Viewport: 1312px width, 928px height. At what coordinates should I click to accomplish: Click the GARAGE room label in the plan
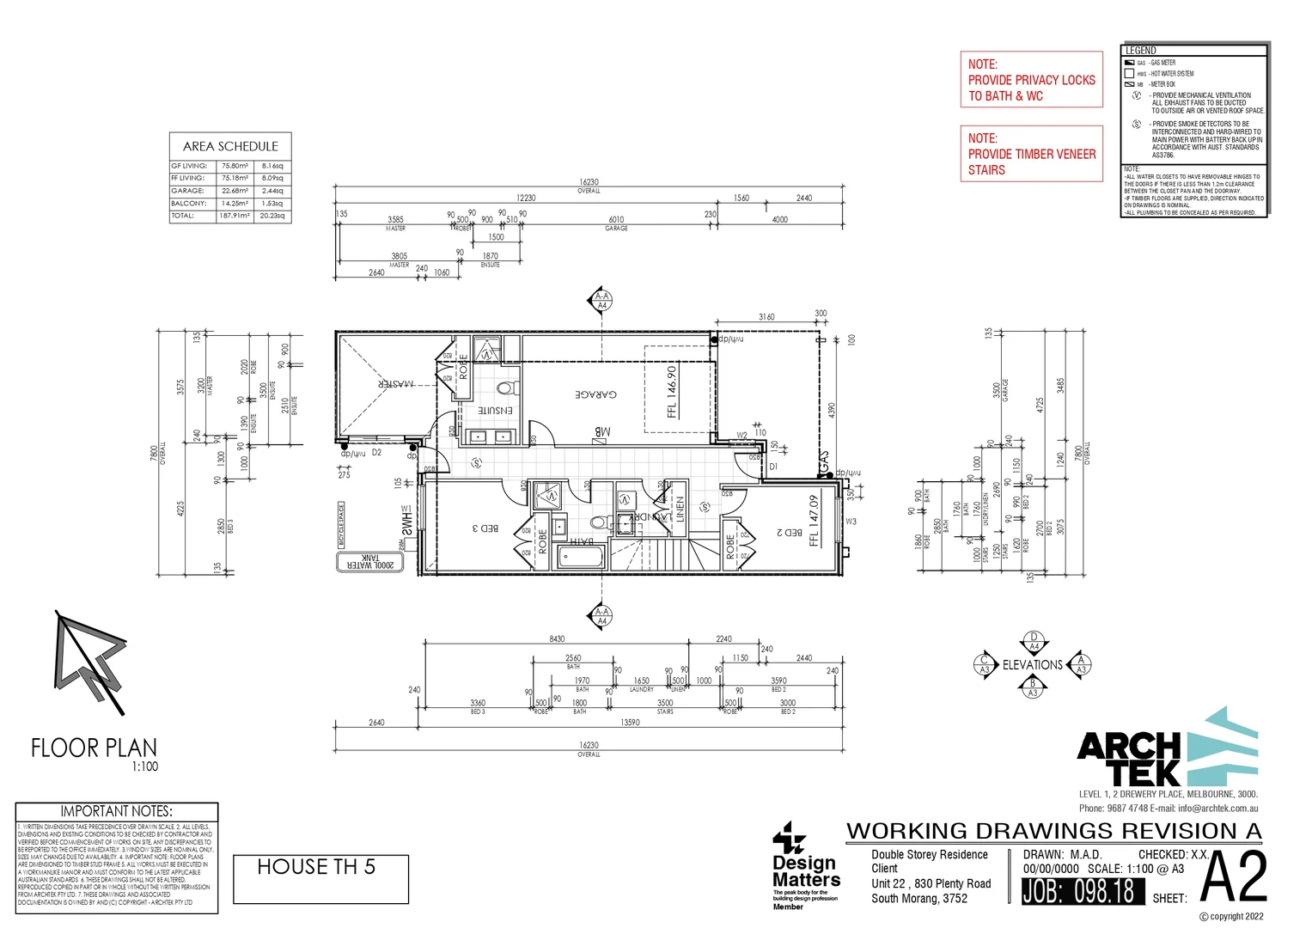(596, 394)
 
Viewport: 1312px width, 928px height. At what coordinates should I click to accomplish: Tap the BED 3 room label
(485, 528)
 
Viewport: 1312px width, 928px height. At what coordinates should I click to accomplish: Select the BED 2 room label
(790, 533)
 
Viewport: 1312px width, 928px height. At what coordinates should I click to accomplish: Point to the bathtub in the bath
(582, 557)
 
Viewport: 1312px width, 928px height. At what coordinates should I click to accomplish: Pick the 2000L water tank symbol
(369, 562)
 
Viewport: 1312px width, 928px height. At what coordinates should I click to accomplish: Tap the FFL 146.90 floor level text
(672, 392)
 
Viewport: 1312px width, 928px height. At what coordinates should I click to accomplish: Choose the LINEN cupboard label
(680, 509)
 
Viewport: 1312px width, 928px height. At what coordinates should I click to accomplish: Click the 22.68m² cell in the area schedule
(235, 191)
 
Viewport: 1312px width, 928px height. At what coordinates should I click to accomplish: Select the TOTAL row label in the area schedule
(183, 216)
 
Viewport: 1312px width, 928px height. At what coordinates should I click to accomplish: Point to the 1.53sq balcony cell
(272, 204)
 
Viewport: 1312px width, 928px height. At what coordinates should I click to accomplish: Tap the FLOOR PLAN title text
(95, 748)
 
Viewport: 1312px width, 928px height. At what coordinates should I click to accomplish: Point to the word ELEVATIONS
(1033, 665)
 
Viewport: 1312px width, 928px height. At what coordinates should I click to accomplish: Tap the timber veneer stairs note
(1031, 154)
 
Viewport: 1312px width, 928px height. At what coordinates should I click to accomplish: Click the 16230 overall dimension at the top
(589, 182)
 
